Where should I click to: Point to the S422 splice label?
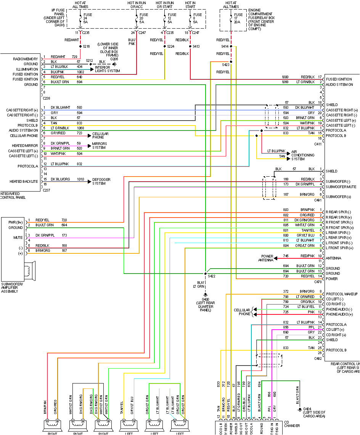click(x=212, y=276)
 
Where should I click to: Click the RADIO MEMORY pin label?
click(x=26, y=59)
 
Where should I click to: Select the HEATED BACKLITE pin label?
click(x=24, y=182)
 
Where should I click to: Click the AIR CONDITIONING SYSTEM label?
click(x=303, y=155)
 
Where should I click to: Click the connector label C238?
click(x=47, y=98)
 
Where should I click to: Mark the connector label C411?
click(x=318, y=144)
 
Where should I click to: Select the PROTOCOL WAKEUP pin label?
click(x=341, y=294)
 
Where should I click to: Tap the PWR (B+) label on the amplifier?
click(x=16, y=222)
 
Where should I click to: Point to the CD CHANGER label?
click(x=292, y=424)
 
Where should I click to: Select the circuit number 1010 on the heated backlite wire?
click(x=81, y=179)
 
